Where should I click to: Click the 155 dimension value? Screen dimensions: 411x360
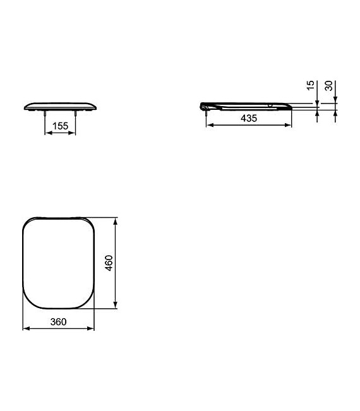pyautogui.click(x=60, y=126)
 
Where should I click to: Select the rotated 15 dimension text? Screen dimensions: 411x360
pyautogui.click(x=309, y=85)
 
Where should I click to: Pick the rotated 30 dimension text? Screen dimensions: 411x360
pyautogui.click(x=328, y=85)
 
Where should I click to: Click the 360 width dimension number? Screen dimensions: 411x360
pyautogui.click(x=58, y=321)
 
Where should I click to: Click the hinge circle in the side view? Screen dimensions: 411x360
pyautogui.click(x=203, y=106)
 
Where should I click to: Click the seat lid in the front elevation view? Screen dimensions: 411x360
pyautogui.click(x=60, y=105)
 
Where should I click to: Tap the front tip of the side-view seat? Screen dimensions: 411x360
pyautogui.click(x=291, y=107)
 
